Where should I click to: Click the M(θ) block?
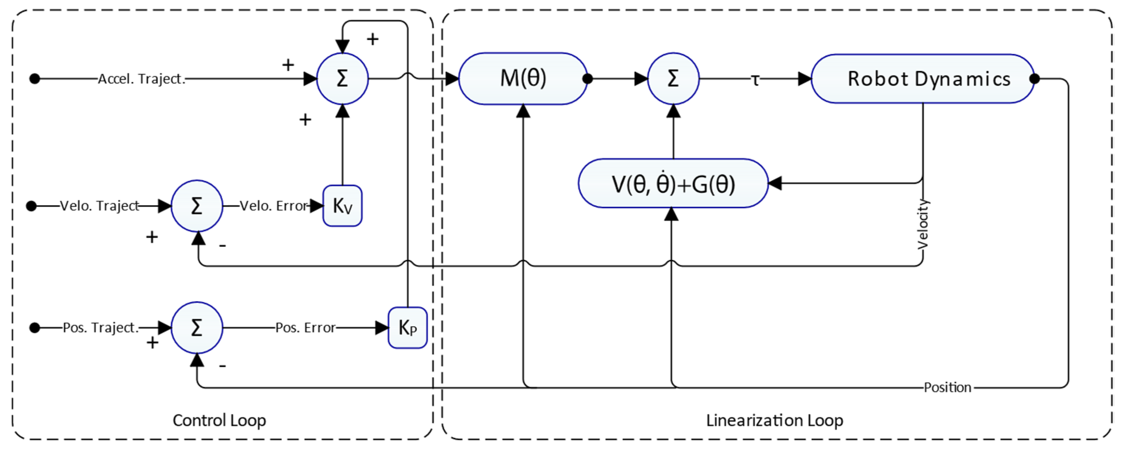[523, 79]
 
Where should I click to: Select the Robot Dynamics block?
[923, 79]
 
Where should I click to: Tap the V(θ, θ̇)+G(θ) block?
[673, 183]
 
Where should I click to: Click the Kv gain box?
[343, 206]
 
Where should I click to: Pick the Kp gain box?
[407, 328]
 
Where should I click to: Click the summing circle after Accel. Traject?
[343, 79]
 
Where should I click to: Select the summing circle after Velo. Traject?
[197, 206]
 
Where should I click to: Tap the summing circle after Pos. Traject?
[197, 328]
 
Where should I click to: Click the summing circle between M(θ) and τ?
[673, 79]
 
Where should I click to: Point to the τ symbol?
[755, 80]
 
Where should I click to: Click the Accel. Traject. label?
[142, 79]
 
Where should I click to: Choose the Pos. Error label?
[305, 328]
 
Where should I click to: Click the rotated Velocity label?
[923, 224]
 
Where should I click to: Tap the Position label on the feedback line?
[947, 387]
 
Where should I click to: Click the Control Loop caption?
[219, 420]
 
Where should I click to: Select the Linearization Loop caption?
[775, 420]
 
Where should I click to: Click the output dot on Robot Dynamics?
[1035, 79]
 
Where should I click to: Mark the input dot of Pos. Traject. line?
[35, 328]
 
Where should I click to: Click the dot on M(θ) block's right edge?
[588, 79]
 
